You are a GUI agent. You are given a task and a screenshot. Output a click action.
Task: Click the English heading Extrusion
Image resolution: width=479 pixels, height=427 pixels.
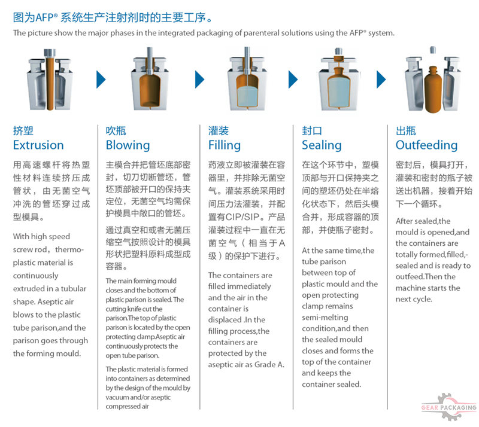tap(38, 145)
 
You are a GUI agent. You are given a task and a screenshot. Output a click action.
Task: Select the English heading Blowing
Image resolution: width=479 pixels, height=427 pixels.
tap(128, 145)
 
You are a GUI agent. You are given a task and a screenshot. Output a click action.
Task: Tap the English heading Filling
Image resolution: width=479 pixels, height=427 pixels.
tap(225, 145)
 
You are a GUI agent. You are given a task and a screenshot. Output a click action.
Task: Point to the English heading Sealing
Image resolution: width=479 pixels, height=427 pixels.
tap(322, 145)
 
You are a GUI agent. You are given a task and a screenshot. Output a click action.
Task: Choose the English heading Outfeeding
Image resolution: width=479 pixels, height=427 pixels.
tap(426, 145)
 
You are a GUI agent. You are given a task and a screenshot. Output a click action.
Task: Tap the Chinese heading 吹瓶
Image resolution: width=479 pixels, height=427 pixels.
tap(116, 130)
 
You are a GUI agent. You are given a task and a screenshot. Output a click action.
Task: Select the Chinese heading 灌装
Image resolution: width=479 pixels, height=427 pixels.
tap(219, 130)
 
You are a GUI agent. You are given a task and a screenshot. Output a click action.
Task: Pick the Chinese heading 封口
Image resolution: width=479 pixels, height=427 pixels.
tap(312, 130)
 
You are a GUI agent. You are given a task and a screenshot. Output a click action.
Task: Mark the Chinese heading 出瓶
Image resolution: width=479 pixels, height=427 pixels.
tap(406, 130)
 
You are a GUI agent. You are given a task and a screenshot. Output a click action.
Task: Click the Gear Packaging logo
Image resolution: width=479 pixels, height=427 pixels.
tap(449, 408)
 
